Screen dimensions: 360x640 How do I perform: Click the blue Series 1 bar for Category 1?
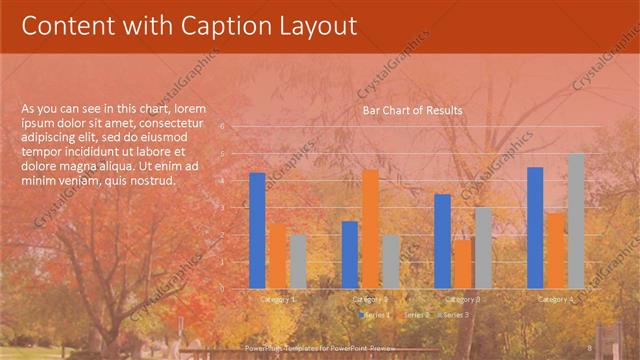click(258, 230)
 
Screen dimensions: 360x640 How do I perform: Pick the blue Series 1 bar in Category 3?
click(443, 240)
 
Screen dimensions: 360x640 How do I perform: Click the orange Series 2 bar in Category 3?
click(462, 263)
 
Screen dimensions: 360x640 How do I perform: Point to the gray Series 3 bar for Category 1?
click(297, 261)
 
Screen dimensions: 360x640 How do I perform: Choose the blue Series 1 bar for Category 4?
click(535, 227)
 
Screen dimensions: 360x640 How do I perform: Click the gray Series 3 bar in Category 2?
click(390, 261)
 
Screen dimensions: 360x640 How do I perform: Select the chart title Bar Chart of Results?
click(412, 111)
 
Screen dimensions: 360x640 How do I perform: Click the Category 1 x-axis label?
click(277, 299)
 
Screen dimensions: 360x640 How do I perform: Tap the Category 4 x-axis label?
click(555, 299)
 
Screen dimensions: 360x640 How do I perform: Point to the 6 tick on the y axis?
click(237, 127)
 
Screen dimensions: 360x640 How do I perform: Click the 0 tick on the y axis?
click(237, 288)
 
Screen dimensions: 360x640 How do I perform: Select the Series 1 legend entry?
click(375, 315)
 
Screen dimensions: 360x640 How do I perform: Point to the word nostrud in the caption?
click(155, 181)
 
